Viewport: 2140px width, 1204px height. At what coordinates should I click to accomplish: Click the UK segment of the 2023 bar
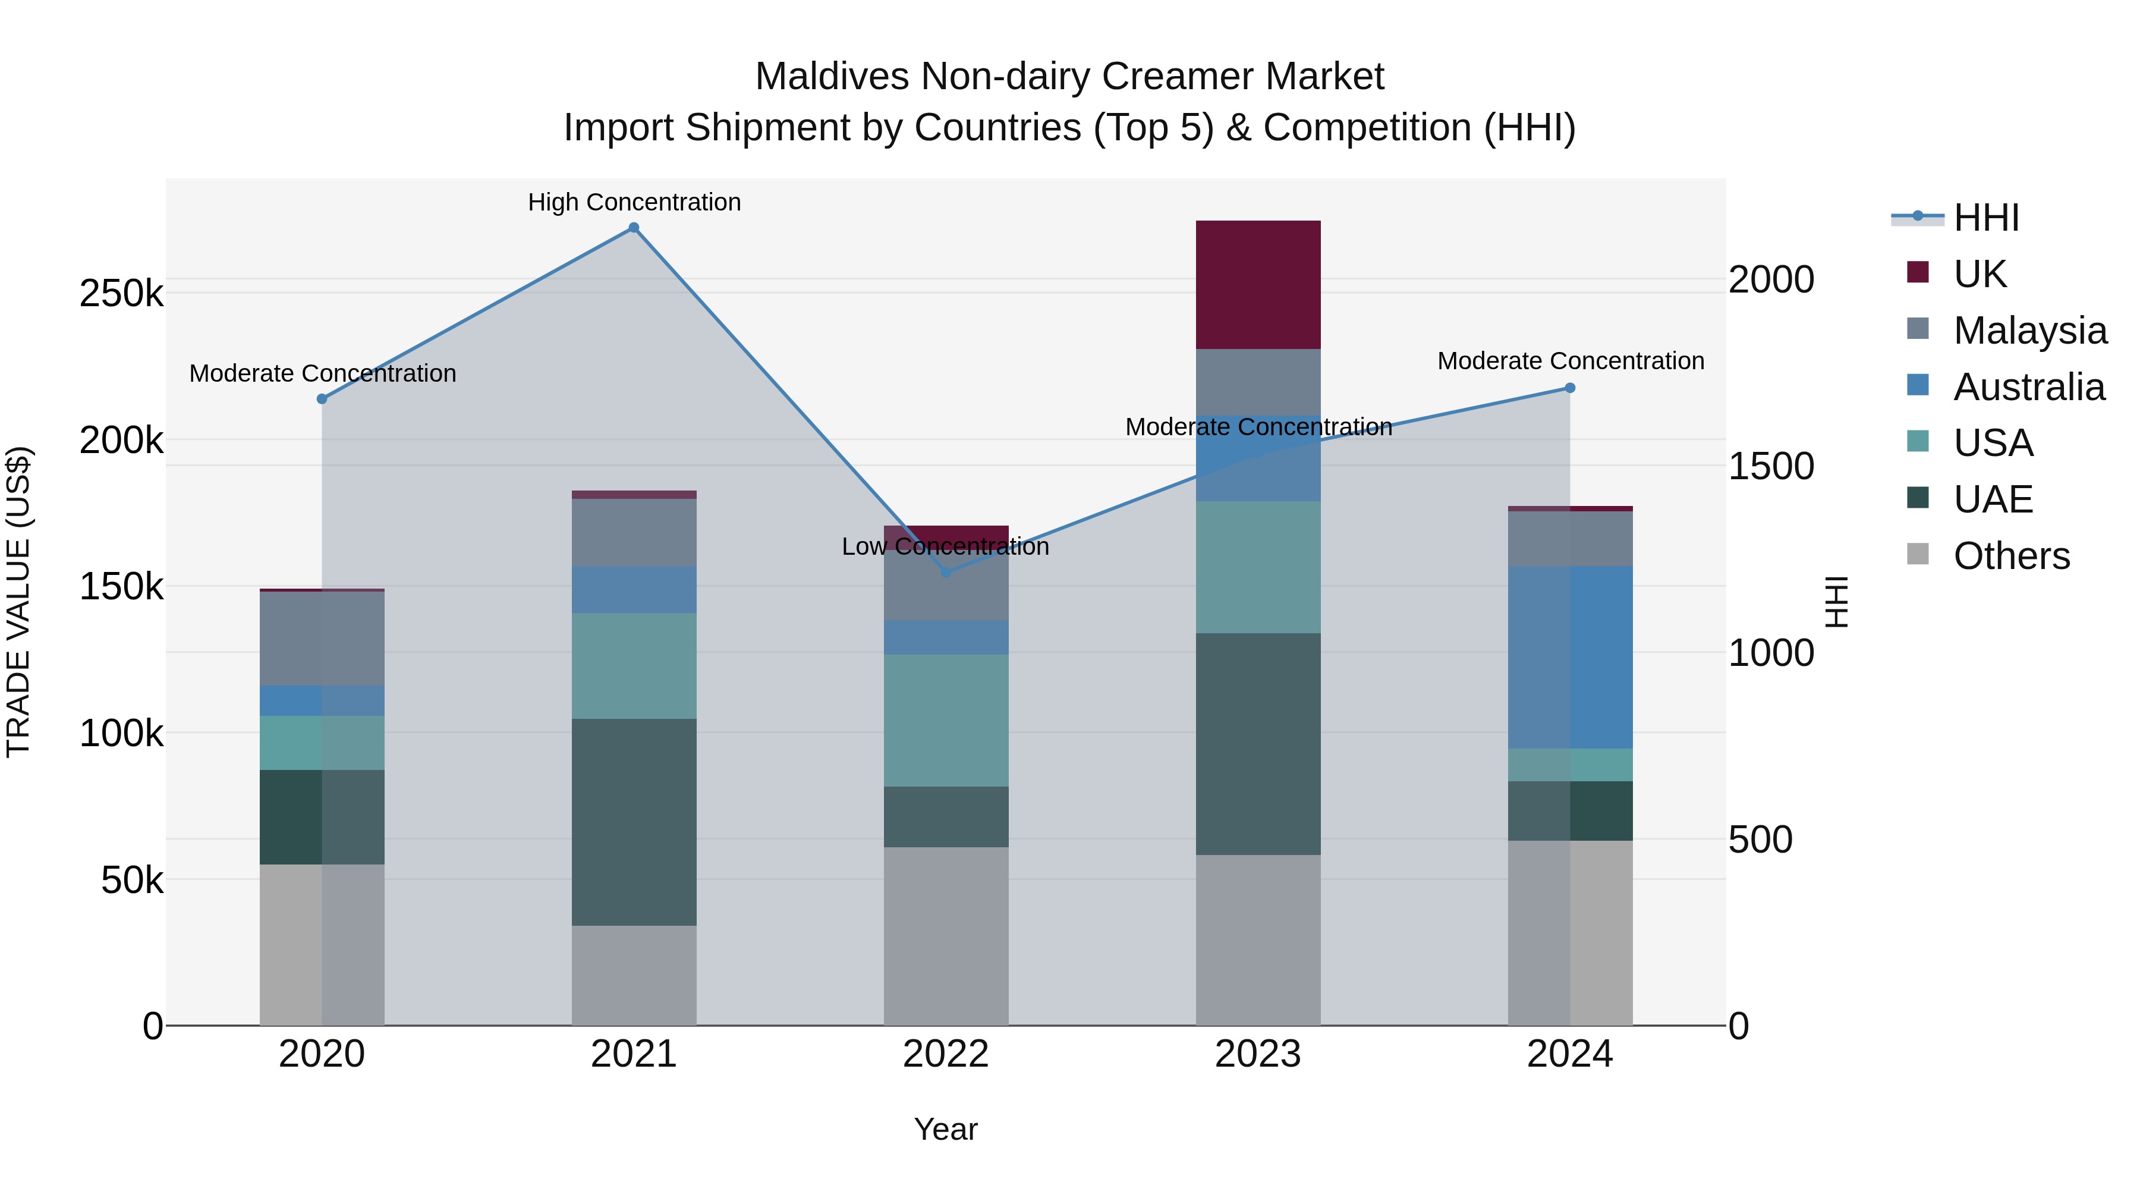pos(1258,284)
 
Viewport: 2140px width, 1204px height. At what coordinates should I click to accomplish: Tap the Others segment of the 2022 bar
pos(945,936)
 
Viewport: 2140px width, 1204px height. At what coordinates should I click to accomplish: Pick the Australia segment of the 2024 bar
pos(1570,656)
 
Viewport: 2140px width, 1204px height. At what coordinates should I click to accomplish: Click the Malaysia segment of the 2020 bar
pos(322,638)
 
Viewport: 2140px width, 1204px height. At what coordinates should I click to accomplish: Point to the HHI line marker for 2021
pos(634,228)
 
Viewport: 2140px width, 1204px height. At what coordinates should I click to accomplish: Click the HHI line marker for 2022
pos(945,571)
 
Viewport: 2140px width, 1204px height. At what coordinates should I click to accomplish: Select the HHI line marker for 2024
pos(1570,388)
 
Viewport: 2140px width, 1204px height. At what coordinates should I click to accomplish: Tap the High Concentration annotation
pos(634,202)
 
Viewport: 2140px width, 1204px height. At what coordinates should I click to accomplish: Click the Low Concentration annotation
pos(945,547)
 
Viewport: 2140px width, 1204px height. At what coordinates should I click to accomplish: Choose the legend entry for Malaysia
pos(2029,330)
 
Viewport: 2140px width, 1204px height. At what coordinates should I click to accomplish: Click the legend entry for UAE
pos(1992,499)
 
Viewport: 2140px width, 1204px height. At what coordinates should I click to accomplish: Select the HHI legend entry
pos(1985,218)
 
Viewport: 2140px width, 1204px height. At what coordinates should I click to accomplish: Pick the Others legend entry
pos(2011,555)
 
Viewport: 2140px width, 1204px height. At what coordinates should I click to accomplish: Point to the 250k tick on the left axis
pos(121,293)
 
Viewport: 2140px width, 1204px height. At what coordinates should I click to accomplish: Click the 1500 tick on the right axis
pos(1770,466)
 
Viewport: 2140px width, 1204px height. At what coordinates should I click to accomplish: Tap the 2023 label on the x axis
pos(1258,1054)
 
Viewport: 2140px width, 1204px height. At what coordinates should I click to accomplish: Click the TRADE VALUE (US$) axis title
pos(18,602)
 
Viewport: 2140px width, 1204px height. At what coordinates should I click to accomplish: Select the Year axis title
pos(945,1129)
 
